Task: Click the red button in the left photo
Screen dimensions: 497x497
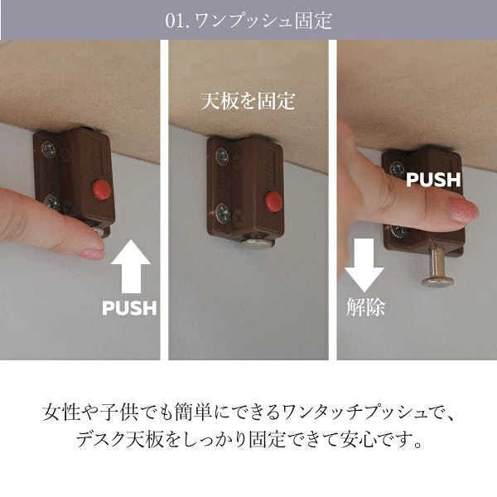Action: (102, 189)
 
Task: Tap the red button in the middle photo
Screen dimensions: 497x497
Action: (273, 200)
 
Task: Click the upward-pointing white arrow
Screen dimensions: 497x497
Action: (131, 267)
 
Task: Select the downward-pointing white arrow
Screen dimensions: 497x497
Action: (364, 265)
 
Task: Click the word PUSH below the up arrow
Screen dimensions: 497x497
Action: (129, 308)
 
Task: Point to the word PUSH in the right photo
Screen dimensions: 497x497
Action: (433, 180)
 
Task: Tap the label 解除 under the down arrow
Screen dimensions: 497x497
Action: (366, 306)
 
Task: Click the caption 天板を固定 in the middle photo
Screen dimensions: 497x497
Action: (248, 101)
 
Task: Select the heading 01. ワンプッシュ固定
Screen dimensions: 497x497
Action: (248, 21)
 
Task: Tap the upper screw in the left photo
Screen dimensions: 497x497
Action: (48, 149)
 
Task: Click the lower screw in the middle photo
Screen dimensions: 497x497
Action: (224, 213)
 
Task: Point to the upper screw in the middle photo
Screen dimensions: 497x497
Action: (222, 157)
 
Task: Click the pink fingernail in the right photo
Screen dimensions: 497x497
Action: (463, 209)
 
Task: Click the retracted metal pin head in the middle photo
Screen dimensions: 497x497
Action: (257, 243)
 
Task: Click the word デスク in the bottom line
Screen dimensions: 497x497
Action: (100, 439)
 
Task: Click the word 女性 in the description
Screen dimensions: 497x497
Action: (60, 413)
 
